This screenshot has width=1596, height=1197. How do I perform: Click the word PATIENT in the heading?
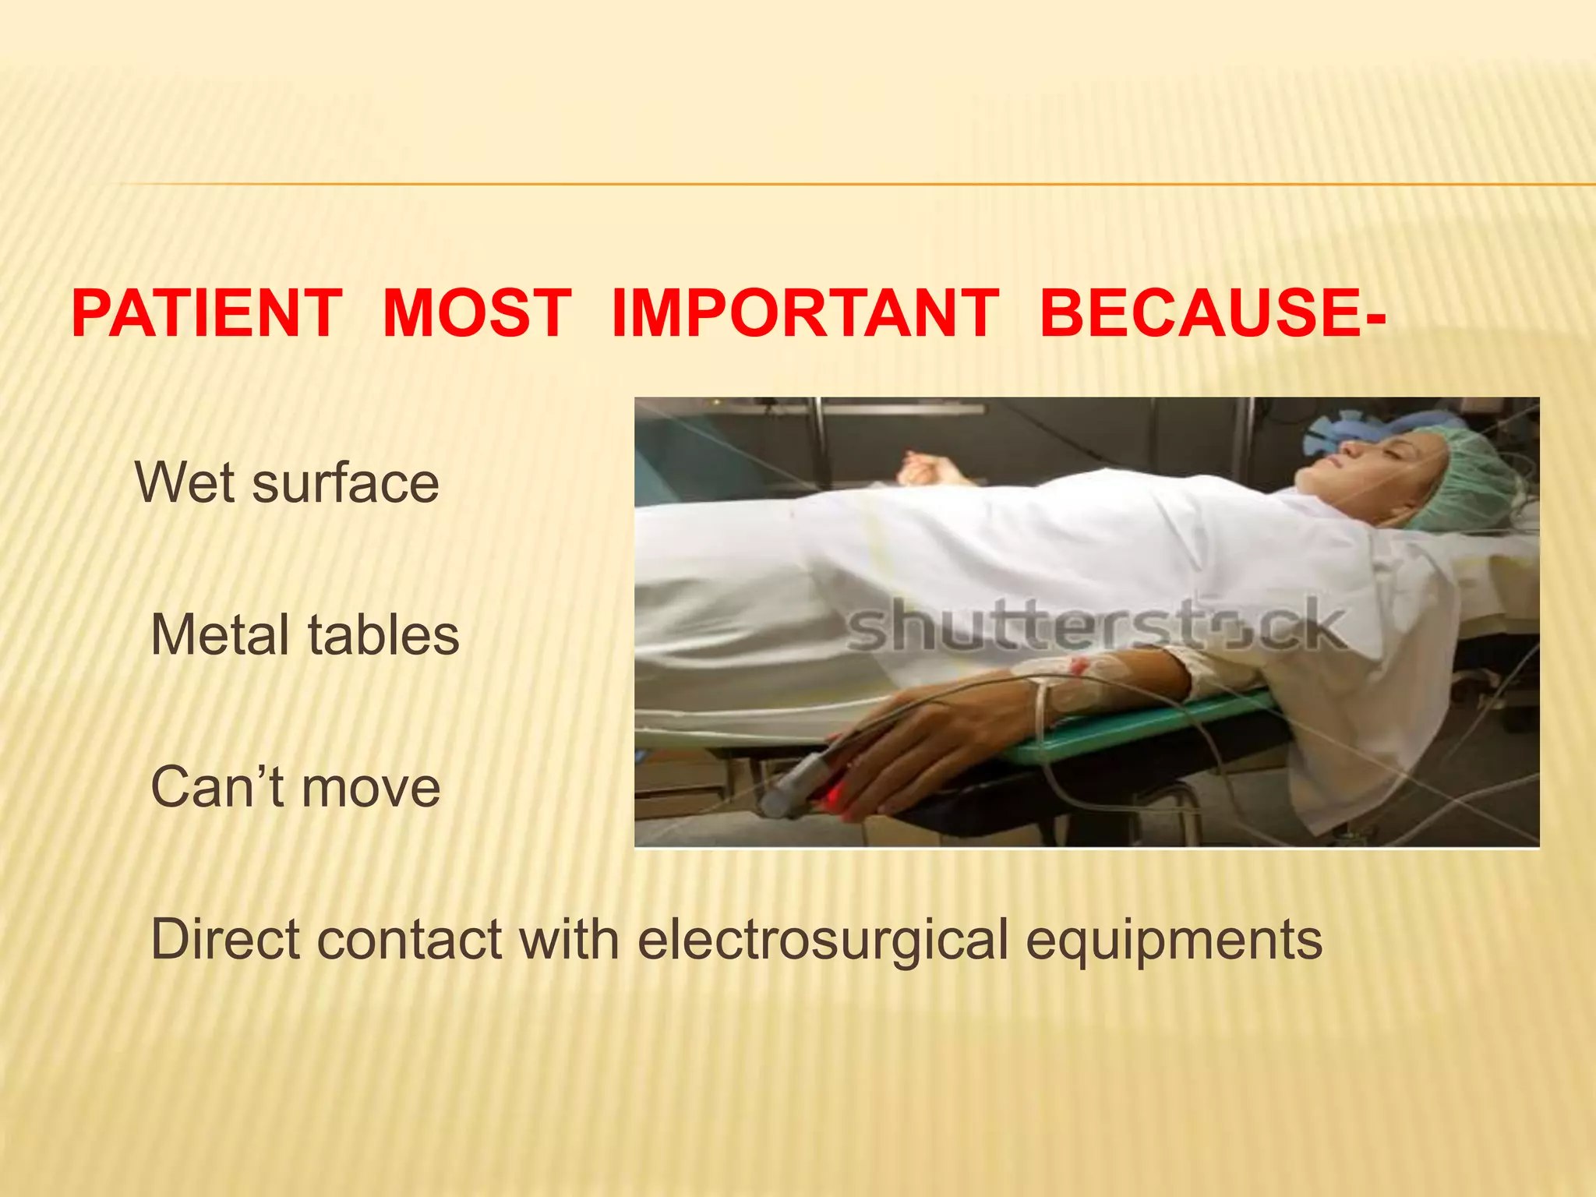pos(207,313)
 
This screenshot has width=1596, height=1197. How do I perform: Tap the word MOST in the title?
pos(477,313)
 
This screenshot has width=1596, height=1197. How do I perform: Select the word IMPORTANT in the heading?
pos(805,313)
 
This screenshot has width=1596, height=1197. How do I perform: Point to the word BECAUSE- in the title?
pos(1212,313)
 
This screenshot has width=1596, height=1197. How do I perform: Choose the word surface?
pos(345,483)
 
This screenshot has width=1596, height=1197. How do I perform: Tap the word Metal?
pos(222,635)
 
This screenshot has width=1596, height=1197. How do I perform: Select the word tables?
pos(384,635)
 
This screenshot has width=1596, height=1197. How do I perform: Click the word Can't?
pos(217,787)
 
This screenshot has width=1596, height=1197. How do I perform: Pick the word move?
pos(371,787)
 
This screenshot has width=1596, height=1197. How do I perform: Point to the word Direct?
pos(224,939)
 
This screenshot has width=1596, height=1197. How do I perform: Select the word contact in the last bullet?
pos(409,939)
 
